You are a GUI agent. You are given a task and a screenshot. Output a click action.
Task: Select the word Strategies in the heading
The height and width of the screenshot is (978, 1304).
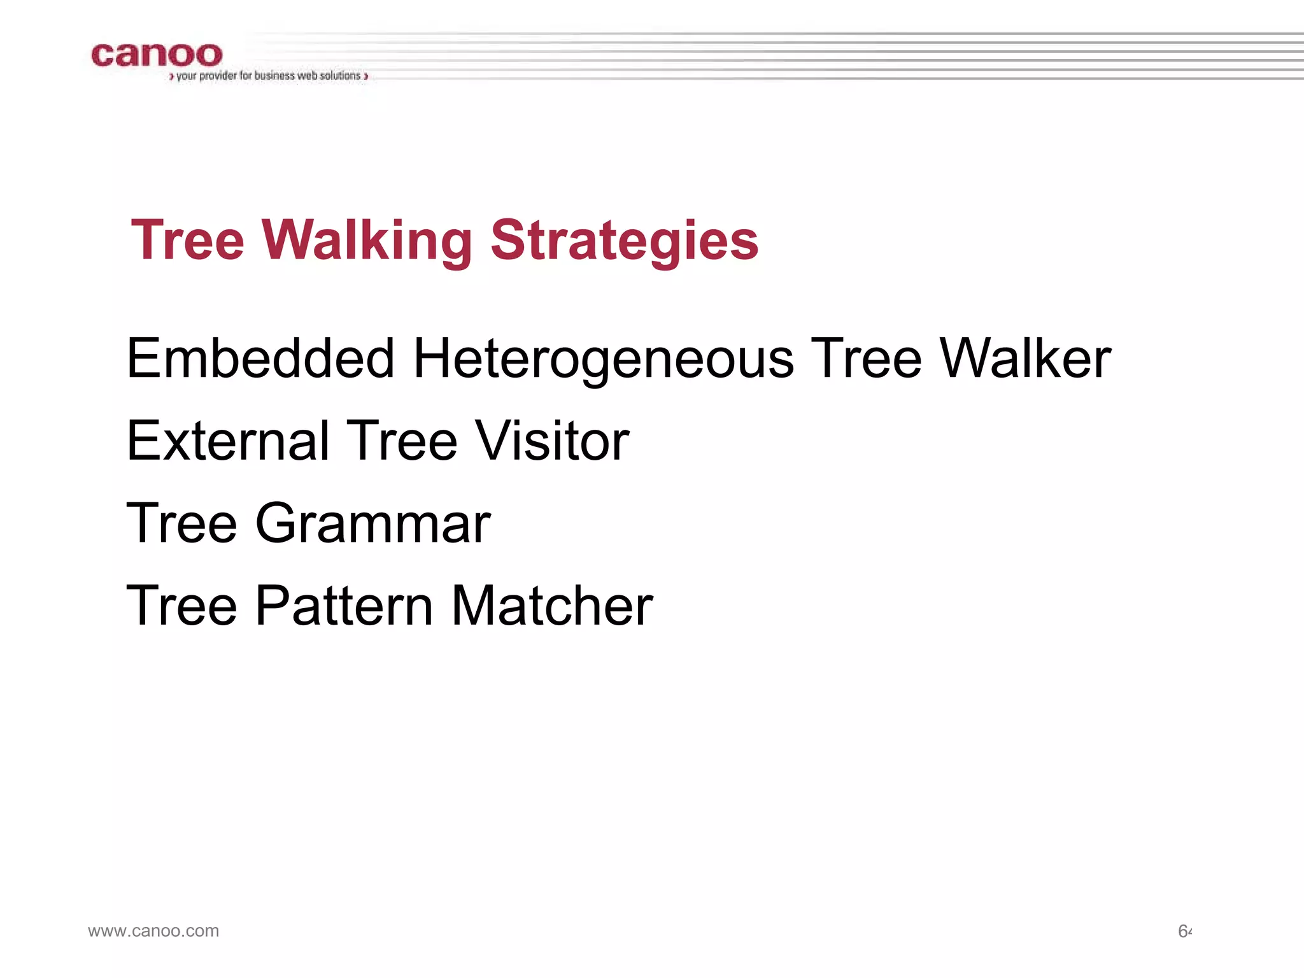(x=624, y=241)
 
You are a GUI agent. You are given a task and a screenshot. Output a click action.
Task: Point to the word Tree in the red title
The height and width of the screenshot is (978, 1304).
(x=188, y=241)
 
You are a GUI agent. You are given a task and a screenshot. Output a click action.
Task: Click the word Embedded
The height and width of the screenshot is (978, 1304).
(x=260, y=358)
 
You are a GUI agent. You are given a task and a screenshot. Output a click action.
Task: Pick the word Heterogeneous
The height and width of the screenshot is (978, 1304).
(x=604, y=358)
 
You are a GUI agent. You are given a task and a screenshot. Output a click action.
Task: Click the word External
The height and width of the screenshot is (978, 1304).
(x=228, y=441)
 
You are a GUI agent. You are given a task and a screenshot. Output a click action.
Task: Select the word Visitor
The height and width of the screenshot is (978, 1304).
(x=552, y=441)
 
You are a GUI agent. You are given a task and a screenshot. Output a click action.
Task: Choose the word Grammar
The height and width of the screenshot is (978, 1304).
(x=372, y=523)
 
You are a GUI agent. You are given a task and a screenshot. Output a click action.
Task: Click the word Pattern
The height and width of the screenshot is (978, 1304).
(x=344, y=606)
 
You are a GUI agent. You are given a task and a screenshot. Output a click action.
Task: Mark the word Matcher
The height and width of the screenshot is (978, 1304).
(x=551, y=606)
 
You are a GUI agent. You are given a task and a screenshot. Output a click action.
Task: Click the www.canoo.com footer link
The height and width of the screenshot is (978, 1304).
(x=153, y=931)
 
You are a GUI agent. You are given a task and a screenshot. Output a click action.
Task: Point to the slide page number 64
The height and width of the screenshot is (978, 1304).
(x=1184, y=932)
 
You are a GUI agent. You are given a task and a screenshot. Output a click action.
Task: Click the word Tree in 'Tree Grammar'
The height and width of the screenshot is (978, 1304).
(x=182, y=523)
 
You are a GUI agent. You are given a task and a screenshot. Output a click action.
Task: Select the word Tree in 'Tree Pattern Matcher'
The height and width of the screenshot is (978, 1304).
(x=182, y=606)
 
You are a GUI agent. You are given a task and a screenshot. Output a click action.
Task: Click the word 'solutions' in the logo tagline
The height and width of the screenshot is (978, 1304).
(x=340, y=76)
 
